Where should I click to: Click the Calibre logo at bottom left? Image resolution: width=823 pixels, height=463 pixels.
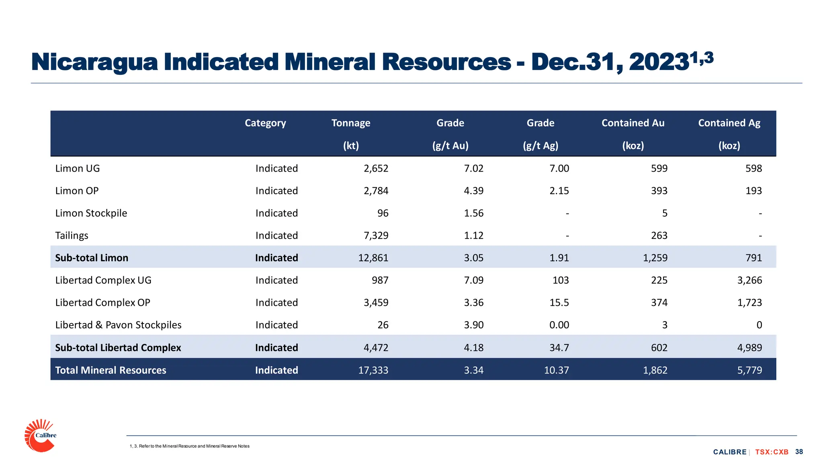click(40, 436)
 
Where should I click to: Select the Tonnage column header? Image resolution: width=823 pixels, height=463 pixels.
click(350, 123)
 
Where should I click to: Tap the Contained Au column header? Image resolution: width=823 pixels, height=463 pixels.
click(633, 123)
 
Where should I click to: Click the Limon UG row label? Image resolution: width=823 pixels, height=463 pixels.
click(78, 168)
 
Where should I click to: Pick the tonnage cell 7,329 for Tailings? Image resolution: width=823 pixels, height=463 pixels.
click(376, 236)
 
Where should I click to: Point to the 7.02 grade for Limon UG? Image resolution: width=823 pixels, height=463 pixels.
click(473, 168)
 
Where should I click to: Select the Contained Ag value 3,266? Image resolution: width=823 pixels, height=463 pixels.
click(749, 280)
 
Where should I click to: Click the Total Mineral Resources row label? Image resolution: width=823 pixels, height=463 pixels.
click(111, 370)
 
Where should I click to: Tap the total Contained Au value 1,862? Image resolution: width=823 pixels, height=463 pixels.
click(655, 370)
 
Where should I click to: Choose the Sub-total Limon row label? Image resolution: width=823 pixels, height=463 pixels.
click(92, 258)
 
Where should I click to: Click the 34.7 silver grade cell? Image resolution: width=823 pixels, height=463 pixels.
click(559, 348)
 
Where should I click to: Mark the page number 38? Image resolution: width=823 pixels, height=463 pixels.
click(799, 452)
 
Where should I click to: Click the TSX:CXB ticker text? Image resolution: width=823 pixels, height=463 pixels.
click(772, 452)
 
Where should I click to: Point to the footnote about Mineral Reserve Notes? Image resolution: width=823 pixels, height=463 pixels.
click(190, 446)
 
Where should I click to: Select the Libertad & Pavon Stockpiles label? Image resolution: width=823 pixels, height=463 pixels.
click(118, 325)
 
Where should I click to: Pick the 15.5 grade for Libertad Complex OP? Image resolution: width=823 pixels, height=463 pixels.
click(559, 303)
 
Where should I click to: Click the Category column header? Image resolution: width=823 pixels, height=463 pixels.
click(265, 123)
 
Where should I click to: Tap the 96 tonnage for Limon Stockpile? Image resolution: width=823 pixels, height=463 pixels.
click(383, 213)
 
